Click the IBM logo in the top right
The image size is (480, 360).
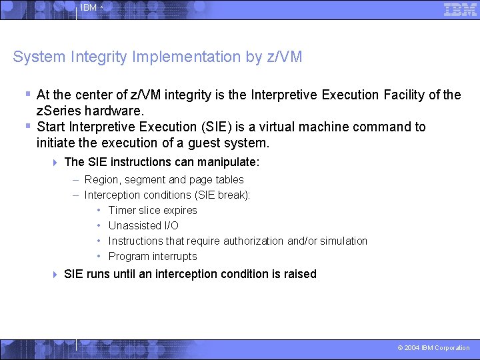point(460,9)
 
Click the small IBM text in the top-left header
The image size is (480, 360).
point(89,8)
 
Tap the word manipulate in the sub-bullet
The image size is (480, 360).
point(226,162)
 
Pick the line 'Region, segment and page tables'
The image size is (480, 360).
point(164,179)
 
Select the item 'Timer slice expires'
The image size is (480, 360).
point(153,210)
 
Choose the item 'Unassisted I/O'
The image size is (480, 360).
point(143,225)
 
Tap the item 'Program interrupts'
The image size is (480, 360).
point(153,256)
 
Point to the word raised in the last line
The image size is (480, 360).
point(300,274)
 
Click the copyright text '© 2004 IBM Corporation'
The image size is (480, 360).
point(433,348)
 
